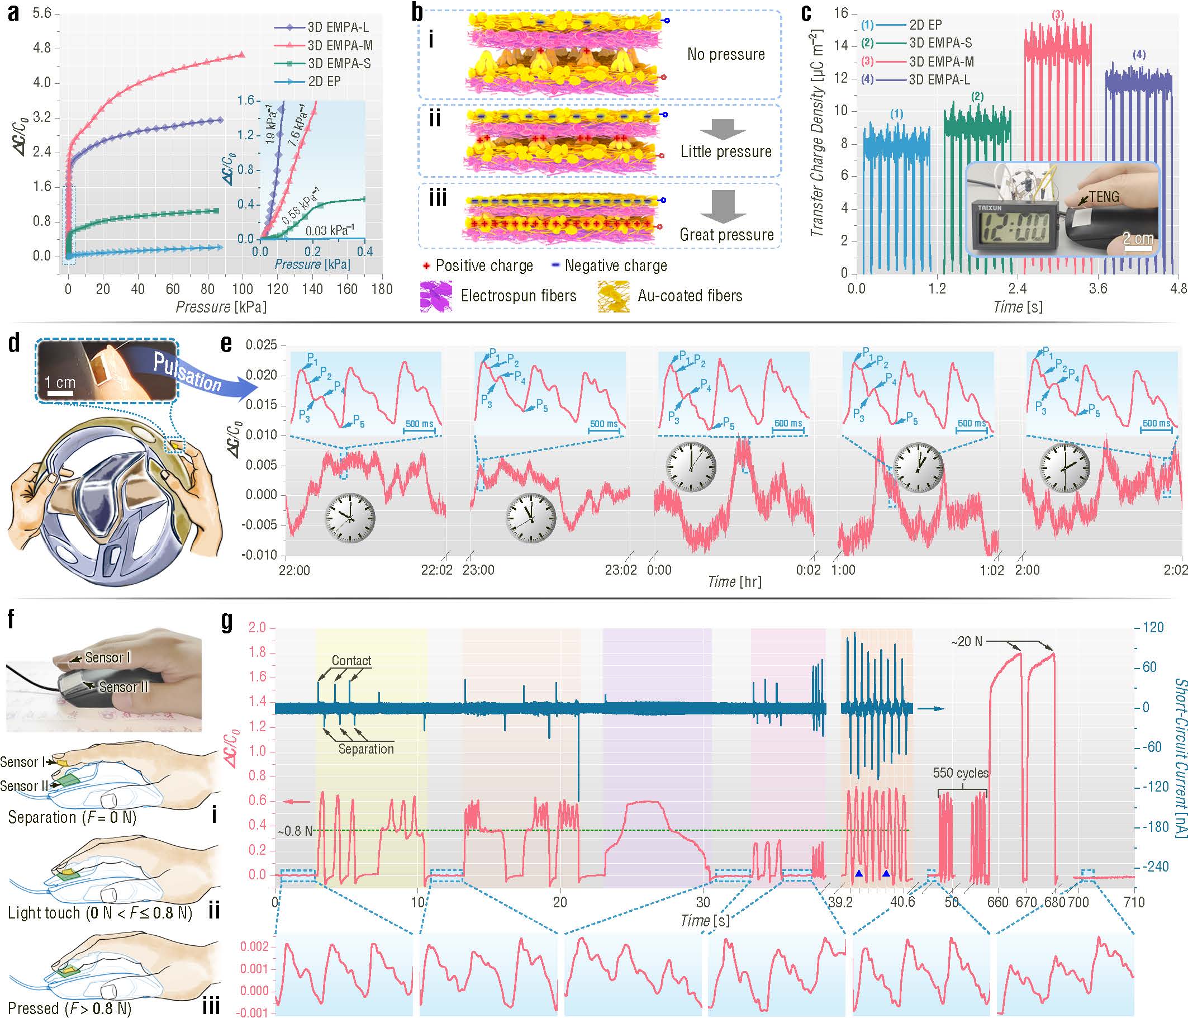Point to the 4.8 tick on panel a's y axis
[x=42, y=48]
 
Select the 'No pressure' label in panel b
[x=726, y=54]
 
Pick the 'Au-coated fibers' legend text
[x=690, y=296]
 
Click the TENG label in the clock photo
[x=1104, y=197]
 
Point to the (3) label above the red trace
[x=1058, y=15]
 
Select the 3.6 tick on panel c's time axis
[x=1098, y=288]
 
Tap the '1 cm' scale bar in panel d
[x=60, y=383]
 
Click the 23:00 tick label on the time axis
[x=478, y=570]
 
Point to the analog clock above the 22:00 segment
[x=350, y=517]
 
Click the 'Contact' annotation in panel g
[x=351, y=661]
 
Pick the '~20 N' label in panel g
[x=967, y=641]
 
